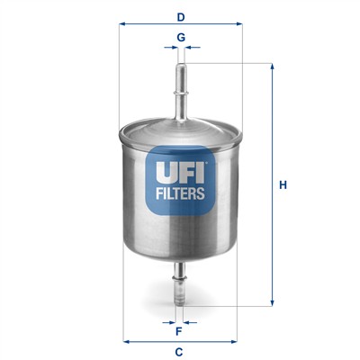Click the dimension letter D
pos(181,16)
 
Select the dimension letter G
pos(181,37)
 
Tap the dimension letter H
pos(282,185)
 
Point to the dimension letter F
pos(179,329)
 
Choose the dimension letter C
pos(179,350)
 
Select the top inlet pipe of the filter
pos(181,85)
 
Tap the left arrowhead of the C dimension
pos(125,341)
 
